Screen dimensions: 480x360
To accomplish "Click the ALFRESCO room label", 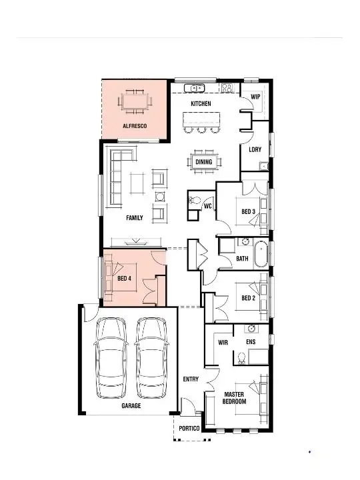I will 134,125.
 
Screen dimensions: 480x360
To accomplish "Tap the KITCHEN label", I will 201,104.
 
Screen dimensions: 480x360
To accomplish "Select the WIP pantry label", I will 255,97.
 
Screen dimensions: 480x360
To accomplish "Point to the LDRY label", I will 255,149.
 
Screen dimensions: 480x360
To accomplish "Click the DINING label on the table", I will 204,162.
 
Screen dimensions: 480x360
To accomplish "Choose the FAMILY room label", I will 135,218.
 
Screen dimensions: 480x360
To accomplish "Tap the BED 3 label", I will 248,212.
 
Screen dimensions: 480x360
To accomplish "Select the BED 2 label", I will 248,298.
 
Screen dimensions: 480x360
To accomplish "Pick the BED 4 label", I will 125,279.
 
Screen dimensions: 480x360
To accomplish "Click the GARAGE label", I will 131,405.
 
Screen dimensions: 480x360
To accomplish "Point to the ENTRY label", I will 191,379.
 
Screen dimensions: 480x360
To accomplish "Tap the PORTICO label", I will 189,429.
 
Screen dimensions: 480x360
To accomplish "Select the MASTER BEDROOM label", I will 235,398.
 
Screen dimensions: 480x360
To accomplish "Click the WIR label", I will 224,342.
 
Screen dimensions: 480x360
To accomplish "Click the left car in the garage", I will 111,357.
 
